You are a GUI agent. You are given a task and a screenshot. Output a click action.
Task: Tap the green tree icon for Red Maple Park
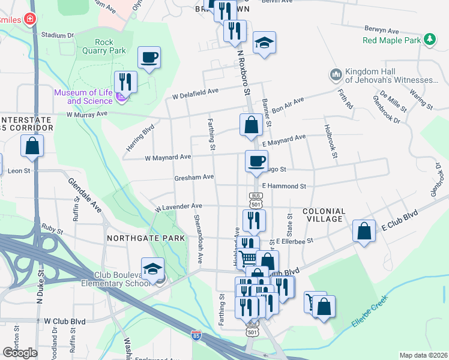tap(429, 40)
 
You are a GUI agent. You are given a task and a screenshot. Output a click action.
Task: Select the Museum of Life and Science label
tap(83, 96)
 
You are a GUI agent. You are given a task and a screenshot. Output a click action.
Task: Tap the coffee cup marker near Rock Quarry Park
tap(149, 58)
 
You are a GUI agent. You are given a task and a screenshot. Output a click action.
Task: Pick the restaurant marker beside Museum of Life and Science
tap(125, 81)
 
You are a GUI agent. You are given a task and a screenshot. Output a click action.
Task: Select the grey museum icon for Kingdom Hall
tap(336, 76)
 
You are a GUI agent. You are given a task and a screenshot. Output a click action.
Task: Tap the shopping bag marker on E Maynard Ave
tap(252, 124)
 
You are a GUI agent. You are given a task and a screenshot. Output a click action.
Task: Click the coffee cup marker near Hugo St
tap(256, 160)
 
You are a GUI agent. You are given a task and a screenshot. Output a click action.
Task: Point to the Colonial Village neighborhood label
tap(324, 215)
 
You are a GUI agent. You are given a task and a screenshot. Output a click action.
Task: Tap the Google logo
tap(20, 352)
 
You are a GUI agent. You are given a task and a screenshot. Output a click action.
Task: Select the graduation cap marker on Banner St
tap(264, 43)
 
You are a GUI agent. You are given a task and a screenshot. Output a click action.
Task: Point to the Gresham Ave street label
tap(194, 177)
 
